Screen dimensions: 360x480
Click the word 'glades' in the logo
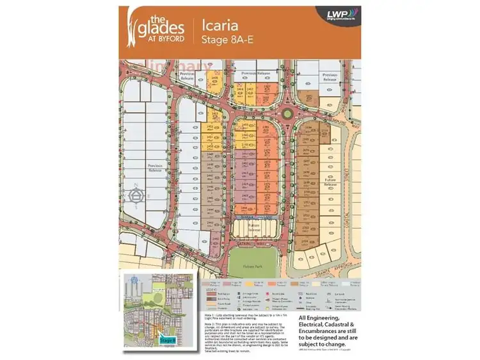click(x=161, y=26)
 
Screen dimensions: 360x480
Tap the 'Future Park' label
click(x=253, y=254)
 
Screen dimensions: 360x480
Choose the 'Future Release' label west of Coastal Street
click(x=330, y=186)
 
